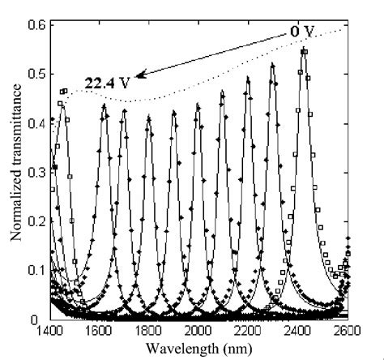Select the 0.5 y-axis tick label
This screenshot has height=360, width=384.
click(x=38, y=75)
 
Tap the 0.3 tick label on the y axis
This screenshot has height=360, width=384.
click(x=38, y=173)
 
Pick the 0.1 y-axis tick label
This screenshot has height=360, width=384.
click(x=38, y=270)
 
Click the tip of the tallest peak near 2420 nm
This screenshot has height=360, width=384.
click(x=304, y=50)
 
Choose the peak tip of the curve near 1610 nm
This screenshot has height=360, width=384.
click(x=104, y=105)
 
